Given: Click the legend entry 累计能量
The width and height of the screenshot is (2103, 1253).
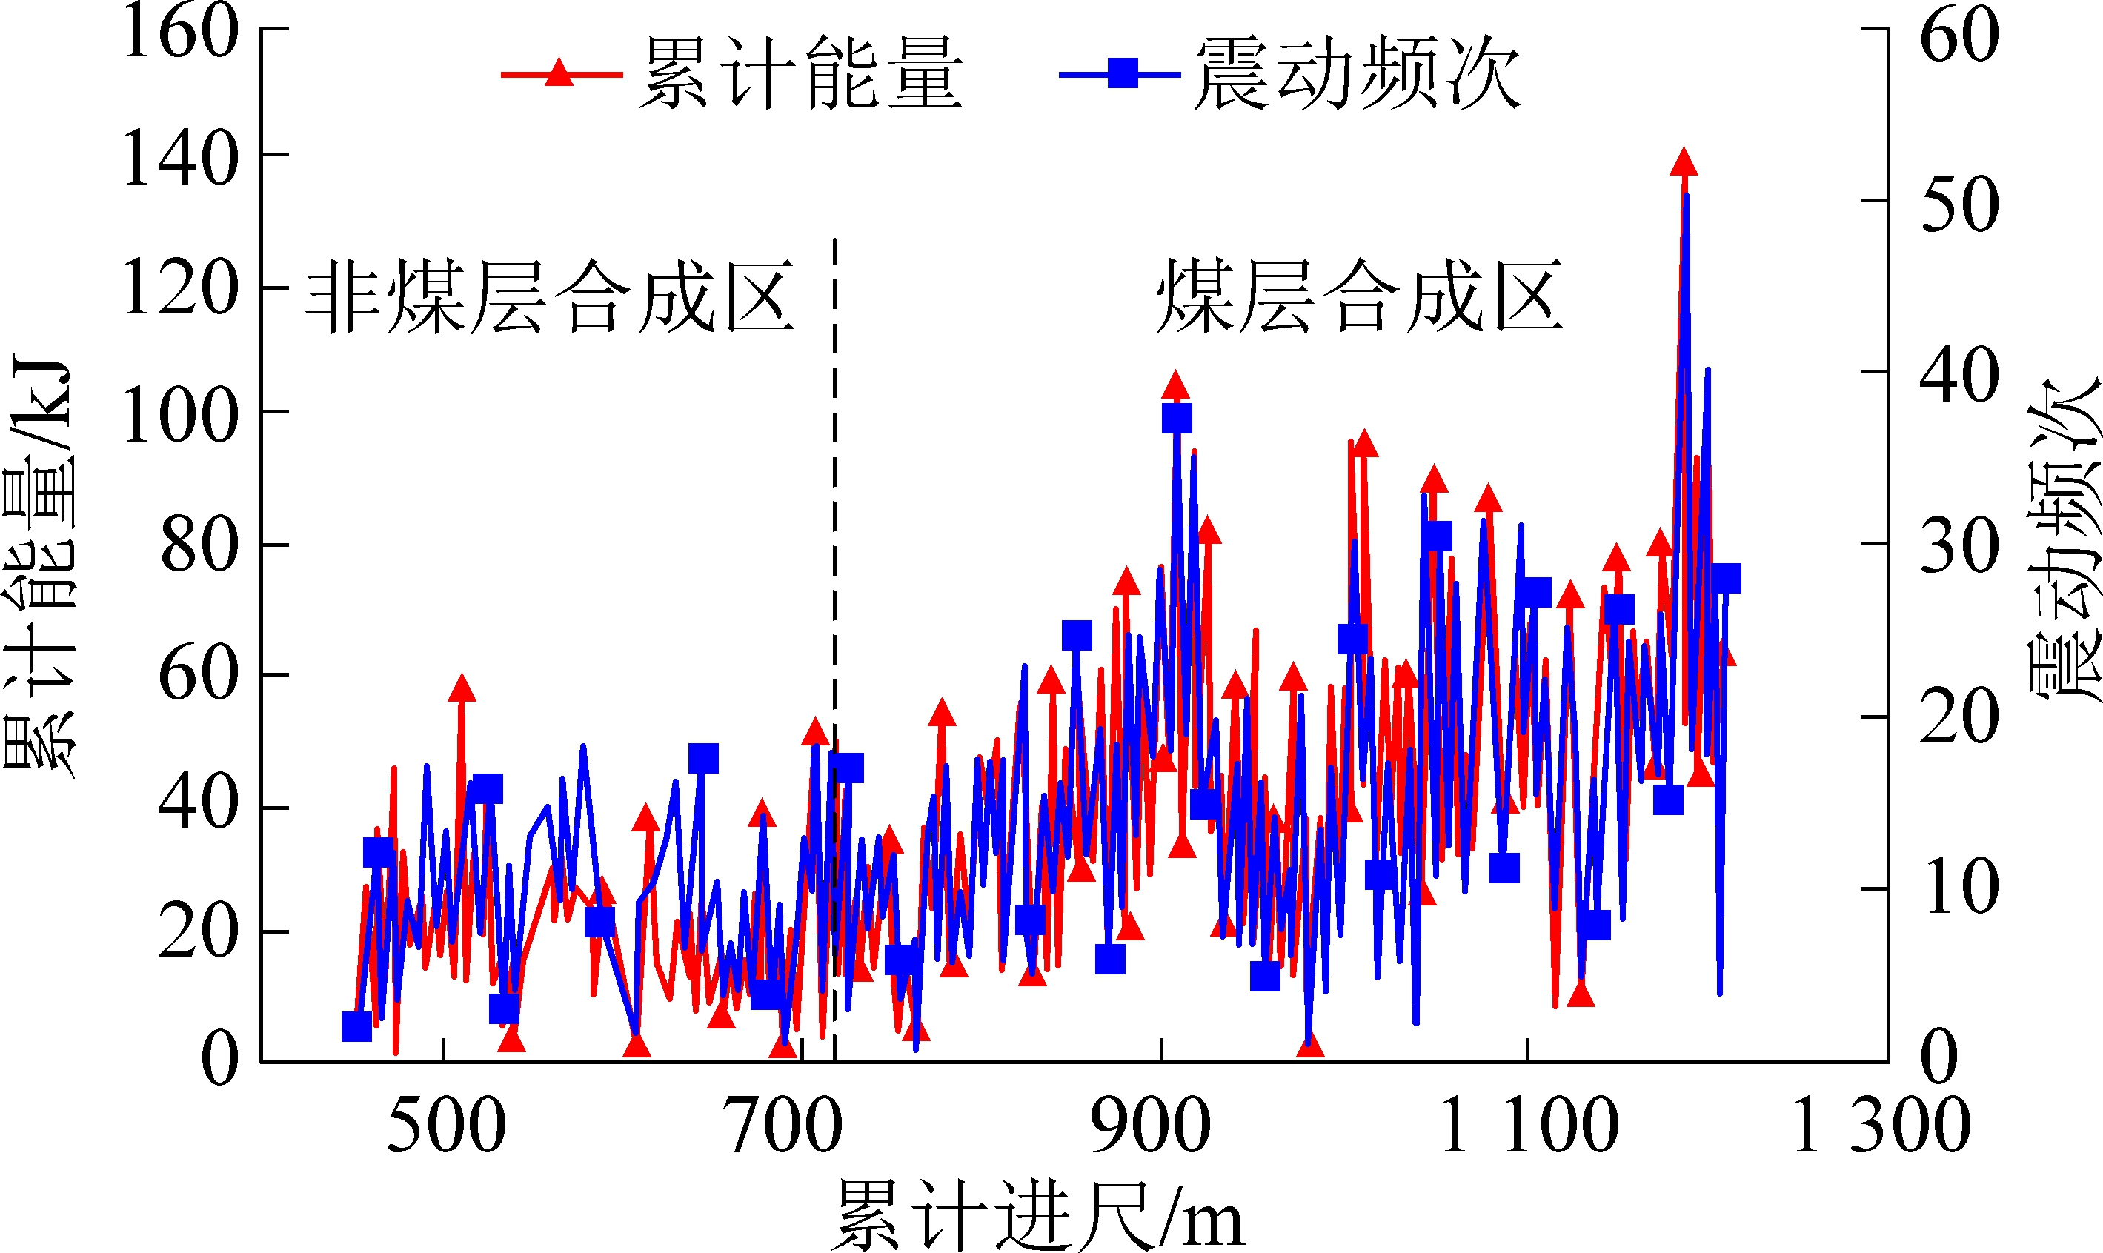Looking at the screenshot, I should (800, 73).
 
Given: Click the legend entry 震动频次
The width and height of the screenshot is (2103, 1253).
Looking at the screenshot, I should (1357, 73).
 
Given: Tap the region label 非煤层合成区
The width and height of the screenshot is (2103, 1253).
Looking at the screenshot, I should (550, 297).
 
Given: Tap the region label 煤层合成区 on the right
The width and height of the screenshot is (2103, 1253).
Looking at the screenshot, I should (1359, 297).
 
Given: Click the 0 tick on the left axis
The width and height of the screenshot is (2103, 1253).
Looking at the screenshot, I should (219, 1059).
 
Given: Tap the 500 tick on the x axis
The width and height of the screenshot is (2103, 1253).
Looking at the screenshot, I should (446, 1126).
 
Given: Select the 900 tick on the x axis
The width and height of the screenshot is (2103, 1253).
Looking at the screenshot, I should (1150, 1126).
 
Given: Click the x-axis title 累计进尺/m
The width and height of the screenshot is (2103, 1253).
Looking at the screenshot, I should (1038, 1216).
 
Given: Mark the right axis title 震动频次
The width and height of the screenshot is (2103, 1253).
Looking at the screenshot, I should (2064, 540).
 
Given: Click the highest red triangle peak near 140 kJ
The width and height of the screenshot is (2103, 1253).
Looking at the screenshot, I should (1684, 162).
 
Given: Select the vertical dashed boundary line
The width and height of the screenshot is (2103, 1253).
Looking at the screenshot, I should (834, 591).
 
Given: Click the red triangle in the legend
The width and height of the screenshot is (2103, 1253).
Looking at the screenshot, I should (558, 73).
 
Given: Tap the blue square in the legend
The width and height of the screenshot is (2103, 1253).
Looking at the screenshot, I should (1123, 73).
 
